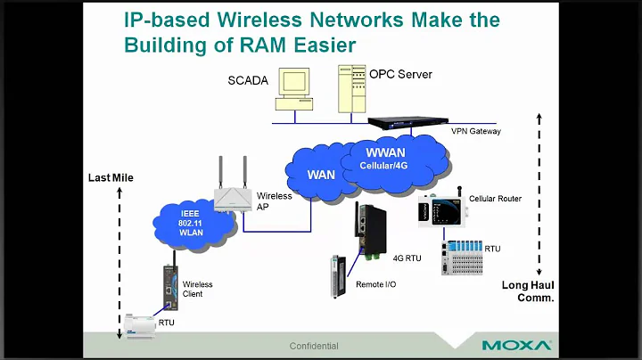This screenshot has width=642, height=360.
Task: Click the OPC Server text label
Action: [400, 74]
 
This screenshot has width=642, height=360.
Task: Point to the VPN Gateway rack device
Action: [408, 124]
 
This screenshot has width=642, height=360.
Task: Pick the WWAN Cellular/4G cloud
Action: [398, 160]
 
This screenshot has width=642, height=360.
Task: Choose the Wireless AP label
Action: [274, 200]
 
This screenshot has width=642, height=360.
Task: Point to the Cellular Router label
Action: [495, 199]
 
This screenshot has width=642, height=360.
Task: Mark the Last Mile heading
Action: [111, 177]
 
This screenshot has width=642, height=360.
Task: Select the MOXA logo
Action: [516, 345]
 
